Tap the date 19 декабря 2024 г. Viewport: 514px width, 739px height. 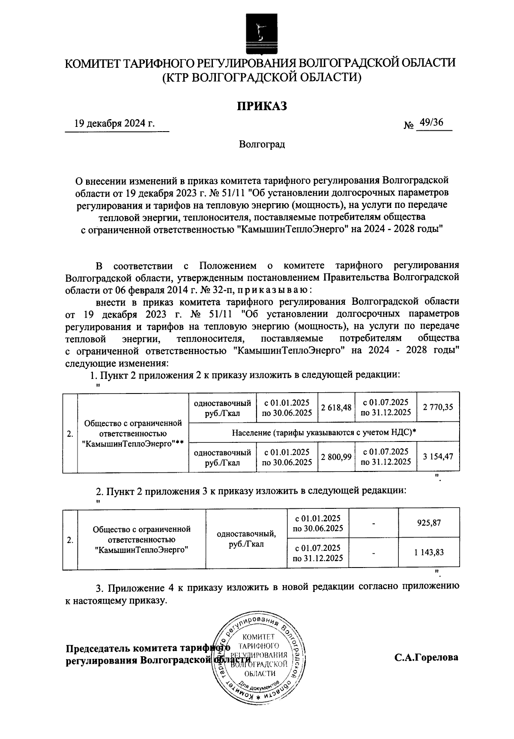(114, 124)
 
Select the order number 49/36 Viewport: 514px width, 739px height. (431, 123)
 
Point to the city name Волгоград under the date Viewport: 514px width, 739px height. (262, 144)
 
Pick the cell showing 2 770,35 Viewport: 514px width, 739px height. (438, 407)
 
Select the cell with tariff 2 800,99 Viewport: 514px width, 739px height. (336, 457)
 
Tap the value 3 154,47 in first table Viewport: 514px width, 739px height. (438, 457)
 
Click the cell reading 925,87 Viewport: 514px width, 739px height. (429, 523)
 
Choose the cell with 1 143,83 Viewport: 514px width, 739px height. (429, 553)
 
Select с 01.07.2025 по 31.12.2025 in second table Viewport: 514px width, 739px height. (318, 553)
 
